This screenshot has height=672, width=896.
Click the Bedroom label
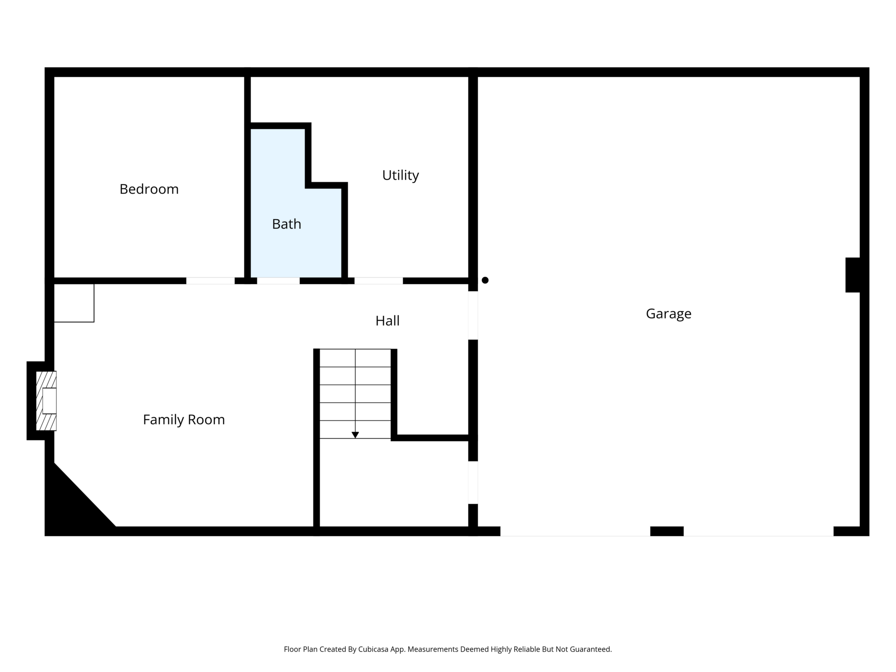click(149, 189)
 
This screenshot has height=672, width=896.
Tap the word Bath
click(286, 224)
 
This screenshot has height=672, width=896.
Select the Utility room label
click(401, 176)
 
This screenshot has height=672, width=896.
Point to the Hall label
click(387, 321)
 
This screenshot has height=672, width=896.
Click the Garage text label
click(668, 314)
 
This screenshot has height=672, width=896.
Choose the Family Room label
click(184, 420)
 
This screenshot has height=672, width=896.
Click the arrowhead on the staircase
click(355, 435)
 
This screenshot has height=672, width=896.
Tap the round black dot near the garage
click(485, 280)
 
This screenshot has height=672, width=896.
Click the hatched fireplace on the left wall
click(46, 401)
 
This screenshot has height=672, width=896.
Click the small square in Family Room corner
click(74, 303)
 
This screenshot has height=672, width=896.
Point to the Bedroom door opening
click(210, 281)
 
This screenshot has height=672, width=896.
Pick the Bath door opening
click(278, 281)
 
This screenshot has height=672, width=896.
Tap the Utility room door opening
click(379, 281)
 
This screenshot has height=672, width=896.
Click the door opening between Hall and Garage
click(473, 316)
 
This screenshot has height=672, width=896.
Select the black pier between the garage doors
click(667, 531)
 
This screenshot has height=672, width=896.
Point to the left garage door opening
click(575, 531)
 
